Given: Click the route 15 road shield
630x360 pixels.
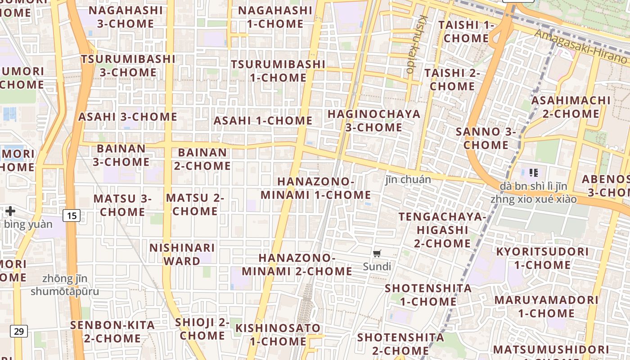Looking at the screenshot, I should [x=72, y=216].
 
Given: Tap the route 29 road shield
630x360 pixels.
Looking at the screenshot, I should [x=19, y=332].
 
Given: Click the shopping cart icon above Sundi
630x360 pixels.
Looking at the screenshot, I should [x=377, y=253].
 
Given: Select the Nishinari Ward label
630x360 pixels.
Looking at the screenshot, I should [x=182, y=254].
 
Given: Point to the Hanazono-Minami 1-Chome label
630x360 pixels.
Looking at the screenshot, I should [x=316, y=188].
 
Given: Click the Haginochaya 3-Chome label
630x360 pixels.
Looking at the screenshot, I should [x=374, y=121].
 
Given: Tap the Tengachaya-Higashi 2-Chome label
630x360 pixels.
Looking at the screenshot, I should [x=442, y=230].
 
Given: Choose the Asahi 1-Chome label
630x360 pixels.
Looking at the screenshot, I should [x=263, y=121].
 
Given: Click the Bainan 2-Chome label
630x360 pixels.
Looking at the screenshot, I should [x=202, y=159].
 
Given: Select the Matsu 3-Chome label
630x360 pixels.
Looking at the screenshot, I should [x=122, y=205].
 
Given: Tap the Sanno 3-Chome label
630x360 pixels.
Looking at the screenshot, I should [x=486, y=138].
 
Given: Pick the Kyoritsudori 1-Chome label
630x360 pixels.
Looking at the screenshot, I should [x=542, y=258].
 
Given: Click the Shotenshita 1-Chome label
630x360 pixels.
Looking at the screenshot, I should [x=428, y=295].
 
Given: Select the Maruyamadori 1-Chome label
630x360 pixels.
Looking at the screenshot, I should [x=546, y=306].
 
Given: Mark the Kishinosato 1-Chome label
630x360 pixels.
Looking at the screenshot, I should [x=278, y=334].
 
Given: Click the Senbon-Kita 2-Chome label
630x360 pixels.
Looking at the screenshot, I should [x=112, y=331].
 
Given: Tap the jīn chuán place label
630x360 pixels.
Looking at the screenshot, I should [x=408, y=180].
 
